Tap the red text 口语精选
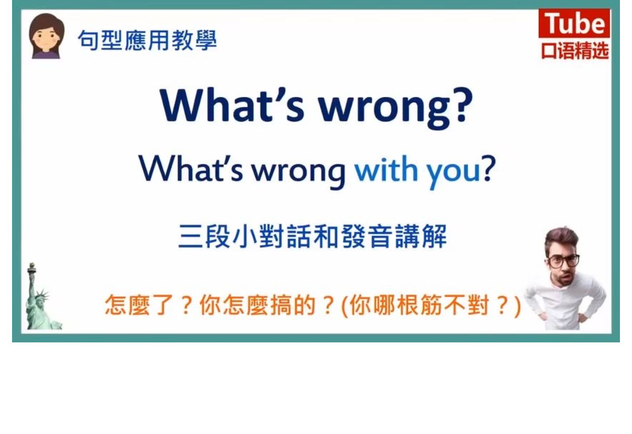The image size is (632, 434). pos(575,51)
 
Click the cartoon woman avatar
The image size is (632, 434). pos(47,36)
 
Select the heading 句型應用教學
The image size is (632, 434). pos(147,40)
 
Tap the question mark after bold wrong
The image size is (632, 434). pos(463,104)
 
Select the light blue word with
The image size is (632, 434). pos(386,168)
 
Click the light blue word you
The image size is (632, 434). pos(453,172)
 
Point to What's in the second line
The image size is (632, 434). pos(191,168)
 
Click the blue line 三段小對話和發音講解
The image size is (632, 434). pos(313,236)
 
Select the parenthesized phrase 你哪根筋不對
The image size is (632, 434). pos(419,305)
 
